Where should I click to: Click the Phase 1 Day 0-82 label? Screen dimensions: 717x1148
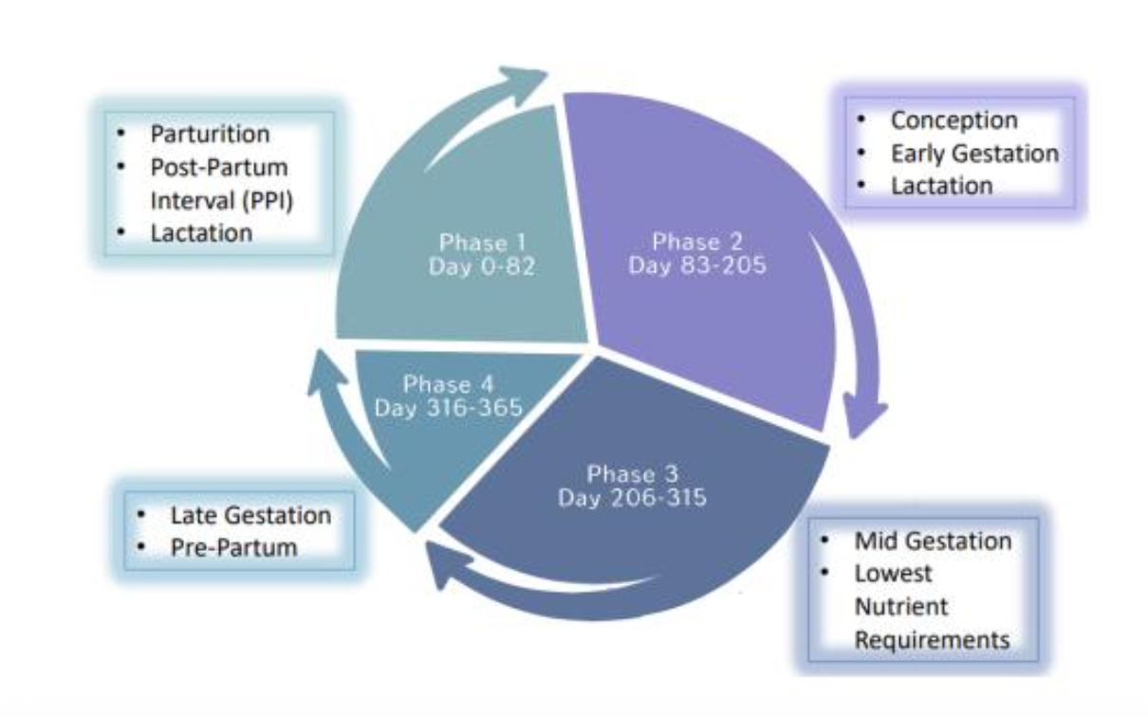(x=481, y=255)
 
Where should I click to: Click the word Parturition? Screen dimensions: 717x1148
(x=211, y=134)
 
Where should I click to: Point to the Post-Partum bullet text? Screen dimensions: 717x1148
(x=219, y=167)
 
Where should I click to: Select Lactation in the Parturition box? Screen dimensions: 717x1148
(x=202, y=232)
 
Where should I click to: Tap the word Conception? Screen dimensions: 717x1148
(x=954, y=120)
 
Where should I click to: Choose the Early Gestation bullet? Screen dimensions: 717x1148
(x=974, y=153)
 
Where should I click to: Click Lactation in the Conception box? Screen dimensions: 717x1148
(x=941, y=185)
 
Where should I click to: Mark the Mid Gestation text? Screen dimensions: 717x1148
(x=933, y=541)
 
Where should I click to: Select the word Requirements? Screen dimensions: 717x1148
(x=932, y=639)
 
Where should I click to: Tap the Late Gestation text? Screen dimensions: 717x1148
(x=250, y=516)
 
